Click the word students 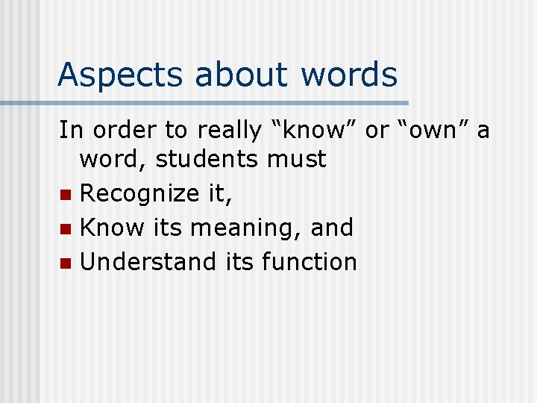pos(202,158)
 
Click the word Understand pos(148,262)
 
